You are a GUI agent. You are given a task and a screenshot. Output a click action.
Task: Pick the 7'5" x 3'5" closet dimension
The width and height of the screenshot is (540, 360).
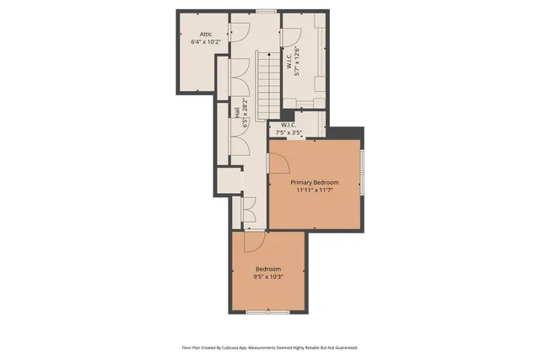(x=289, y=132)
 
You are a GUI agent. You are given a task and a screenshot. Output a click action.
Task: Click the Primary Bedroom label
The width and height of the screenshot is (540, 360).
(x=315, y=183)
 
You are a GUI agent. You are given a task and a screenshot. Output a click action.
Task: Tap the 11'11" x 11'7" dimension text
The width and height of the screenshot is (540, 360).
(x=315, y=191)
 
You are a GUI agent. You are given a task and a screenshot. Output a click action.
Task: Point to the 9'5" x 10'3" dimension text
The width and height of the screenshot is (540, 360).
(x=268, y=276)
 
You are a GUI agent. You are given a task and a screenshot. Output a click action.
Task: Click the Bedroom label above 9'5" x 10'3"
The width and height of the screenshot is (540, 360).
(x=268, y=269)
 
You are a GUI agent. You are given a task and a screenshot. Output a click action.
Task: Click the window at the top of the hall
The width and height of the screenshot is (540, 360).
(x=267, y=11)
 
